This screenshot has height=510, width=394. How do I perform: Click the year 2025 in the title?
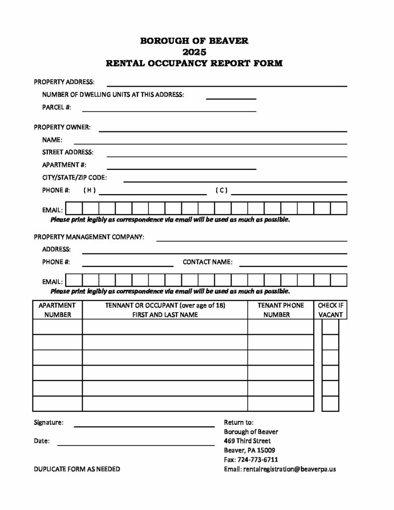[x=194, y=52]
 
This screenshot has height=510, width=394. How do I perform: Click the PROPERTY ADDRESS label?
[x=64, y=82]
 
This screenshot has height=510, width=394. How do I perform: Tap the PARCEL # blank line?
[x=169, y=110]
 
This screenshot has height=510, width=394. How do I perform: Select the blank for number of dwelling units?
[x=231, y=97]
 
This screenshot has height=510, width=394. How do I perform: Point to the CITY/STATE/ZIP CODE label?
[x=74, y=177]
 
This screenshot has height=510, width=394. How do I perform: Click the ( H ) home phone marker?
[x=90, y=190]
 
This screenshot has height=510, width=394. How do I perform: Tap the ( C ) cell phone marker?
[x=222, y=190]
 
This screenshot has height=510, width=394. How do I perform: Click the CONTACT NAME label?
[x=207, y=262]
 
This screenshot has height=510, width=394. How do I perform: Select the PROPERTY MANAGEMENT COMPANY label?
[x=89, y=237]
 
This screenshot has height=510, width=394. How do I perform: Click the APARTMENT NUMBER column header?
[x=57, y=310]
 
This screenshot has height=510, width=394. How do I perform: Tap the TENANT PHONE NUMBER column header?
[x=280, y=310]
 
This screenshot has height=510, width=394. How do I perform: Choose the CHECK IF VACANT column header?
[x=330, y=310]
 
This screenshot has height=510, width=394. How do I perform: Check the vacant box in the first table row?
[x=330, y=327]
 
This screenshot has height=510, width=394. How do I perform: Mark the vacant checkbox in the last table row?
[x=330, y=403]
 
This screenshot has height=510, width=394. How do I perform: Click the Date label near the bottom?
[x=42, y=441]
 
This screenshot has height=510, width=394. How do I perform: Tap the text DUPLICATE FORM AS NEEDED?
[x=77, y=469]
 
